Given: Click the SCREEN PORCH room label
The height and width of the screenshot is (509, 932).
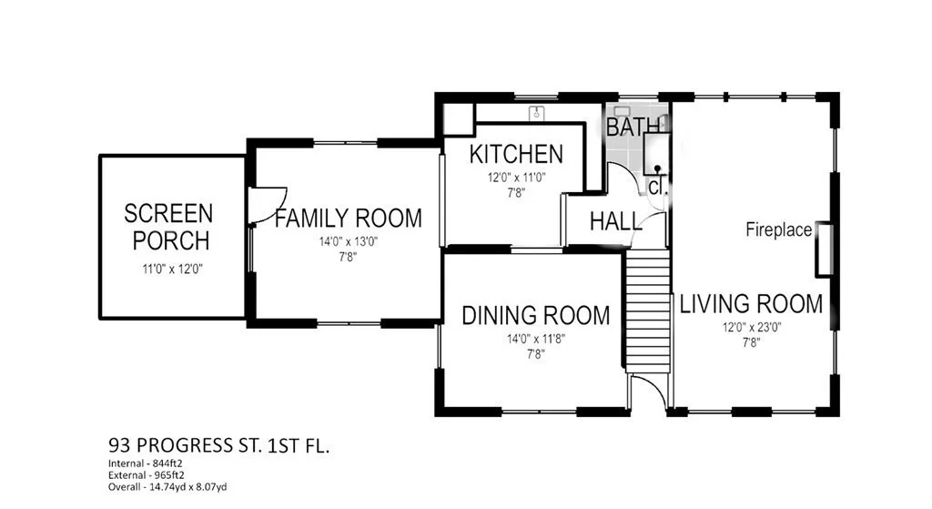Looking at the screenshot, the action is [x=168, y=227].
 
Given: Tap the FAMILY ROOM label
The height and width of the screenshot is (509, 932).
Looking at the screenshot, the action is [x=349, y=219].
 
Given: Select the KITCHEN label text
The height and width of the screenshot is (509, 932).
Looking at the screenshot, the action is [x=516, y=154].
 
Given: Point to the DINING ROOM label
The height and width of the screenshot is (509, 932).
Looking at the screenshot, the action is [x=535, y=316].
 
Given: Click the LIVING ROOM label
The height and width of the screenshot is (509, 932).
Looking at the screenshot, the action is [x=751, y=304].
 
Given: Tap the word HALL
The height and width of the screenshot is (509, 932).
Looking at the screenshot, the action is [x=616, y=222].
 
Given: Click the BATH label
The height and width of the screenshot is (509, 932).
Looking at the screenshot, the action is [x=633, y=127].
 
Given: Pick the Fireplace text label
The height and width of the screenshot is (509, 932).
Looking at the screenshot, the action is [x=779, y=229].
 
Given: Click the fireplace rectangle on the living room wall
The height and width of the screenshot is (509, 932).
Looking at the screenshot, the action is [x=824, y=249].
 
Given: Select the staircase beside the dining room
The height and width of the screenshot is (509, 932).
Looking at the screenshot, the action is [x=648, y=311].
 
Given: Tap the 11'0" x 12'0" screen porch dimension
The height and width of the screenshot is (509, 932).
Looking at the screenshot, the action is [x=172, y=269].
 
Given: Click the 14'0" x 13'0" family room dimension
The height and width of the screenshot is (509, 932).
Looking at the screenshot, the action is [x=349, y=241].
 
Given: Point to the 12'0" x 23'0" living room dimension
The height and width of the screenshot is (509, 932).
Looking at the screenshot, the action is [x=751, y=327].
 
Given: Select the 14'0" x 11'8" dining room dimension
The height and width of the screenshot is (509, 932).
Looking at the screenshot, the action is [x=535, y=339].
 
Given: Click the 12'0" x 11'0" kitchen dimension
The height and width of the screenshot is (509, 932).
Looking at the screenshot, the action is [x=517, y=178].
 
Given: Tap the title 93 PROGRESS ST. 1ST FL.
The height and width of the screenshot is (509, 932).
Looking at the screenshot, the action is [x=218, y=445].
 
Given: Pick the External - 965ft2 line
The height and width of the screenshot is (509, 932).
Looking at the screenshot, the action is [x=147, y=475].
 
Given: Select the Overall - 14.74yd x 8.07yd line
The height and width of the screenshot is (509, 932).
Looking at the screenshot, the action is [x=167, y=487].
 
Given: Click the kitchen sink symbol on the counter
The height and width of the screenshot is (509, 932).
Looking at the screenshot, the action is [x=537, y=112].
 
